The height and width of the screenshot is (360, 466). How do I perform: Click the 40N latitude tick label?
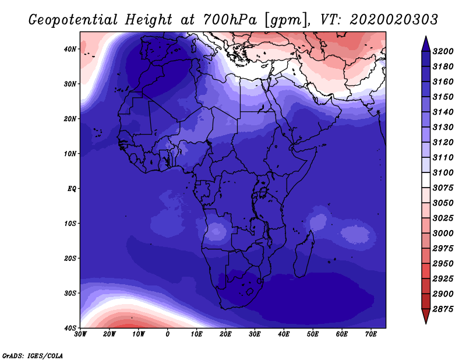[x=70, y=49]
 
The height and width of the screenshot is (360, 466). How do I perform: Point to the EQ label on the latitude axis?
[x=72, y=189]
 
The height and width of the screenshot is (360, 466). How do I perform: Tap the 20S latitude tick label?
[x=70, y=258]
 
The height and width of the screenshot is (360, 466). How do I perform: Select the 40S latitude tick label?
[x=70, y=328]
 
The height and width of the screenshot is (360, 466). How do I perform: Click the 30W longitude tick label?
[x=80, y=334]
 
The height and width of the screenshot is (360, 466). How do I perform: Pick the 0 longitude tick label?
[x=168, y=334]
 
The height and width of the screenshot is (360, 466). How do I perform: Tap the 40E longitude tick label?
[x=284, y=334]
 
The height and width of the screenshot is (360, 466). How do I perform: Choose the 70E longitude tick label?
[x=371, y=334]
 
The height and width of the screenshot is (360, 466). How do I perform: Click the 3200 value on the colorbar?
[x=443, y=51]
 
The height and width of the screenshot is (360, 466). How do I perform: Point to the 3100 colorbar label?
[x=443, y=172]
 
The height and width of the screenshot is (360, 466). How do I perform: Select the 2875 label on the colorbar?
[x=443, y=309]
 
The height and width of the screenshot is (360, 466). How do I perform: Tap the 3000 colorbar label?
[x=443, y=233]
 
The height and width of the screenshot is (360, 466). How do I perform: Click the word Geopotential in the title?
[x=73, y=20]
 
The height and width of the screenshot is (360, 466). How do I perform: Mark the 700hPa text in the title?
[x=230, y=20]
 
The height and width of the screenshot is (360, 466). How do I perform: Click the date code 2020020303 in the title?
[x=394, y=20]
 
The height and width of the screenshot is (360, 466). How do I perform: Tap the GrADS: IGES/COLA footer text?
[x=33, y=355]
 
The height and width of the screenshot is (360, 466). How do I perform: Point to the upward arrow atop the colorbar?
[x=426, y=44]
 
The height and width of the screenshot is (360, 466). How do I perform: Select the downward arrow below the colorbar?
[x=426, y=316]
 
